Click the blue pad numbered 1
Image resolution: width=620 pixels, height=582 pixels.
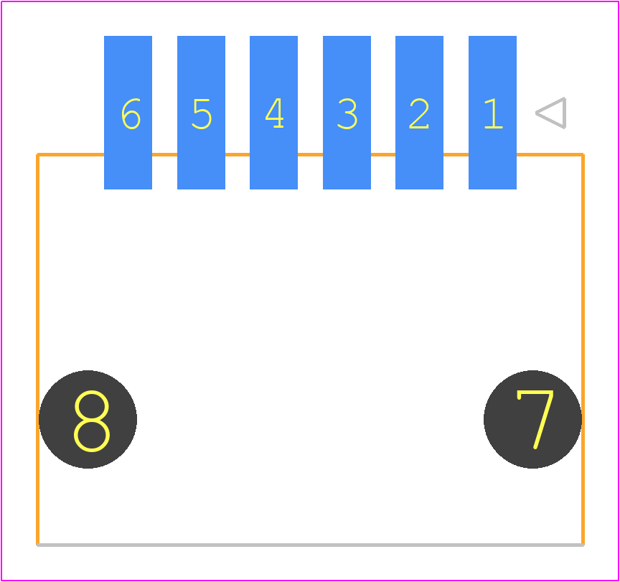(492, 113)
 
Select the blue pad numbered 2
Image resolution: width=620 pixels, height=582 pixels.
(419, 113)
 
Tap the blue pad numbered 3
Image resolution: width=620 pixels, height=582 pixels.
(347, 113)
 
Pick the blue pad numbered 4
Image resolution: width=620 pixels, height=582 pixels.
(273, 113)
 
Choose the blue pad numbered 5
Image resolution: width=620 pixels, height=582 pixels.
(201, 113)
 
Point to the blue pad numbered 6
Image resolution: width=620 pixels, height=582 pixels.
(128, 113)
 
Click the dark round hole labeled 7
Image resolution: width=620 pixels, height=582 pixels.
(532, 419)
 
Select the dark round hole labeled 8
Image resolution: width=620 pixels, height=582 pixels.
(88, 419)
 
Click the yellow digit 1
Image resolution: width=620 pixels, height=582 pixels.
(494, 113)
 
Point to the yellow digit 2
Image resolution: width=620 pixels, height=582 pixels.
(419, 113)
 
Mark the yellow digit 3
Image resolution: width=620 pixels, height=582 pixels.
(347, 113)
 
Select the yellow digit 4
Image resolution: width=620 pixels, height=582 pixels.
(274, 113)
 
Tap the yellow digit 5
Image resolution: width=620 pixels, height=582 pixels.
(202, 114)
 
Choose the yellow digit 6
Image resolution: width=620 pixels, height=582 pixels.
(131, 113)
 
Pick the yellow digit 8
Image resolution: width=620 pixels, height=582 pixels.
(92, 421)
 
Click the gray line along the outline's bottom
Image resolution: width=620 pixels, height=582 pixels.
(311, 545)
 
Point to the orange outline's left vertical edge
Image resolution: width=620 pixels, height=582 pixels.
(37, 349)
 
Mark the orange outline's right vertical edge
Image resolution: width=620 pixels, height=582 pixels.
(583, 349)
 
